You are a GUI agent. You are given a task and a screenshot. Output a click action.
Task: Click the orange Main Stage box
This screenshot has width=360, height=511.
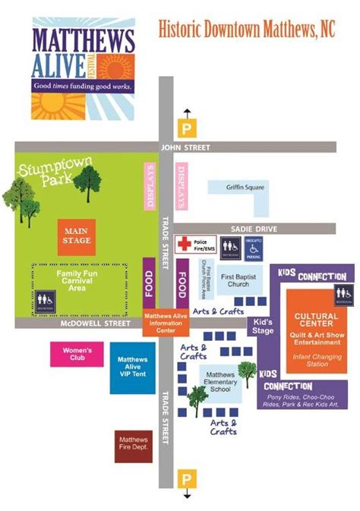coord(77,236)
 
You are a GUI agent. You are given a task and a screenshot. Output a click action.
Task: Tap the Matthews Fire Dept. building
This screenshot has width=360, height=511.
coord(134,446)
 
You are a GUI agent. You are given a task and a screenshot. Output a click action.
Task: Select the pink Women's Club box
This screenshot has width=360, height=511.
coord(77,355)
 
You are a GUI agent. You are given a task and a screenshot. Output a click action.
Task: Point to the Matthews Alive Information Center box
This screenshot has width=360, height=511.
coord(165,323)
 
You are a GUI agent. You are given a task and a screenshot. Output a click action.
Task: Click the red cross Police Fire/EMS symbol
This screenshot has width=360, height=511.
coord(185,244)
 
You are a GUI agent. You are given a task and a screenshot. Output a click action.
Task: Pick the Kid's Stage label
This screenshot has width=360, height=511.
coord(263,326)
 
